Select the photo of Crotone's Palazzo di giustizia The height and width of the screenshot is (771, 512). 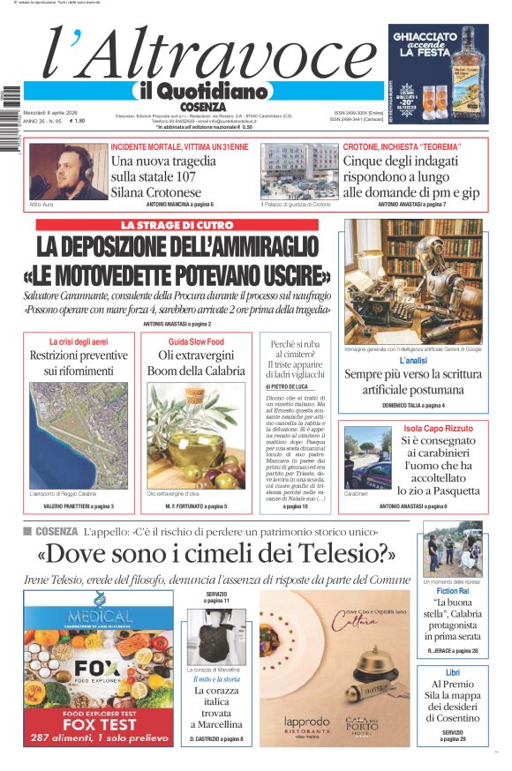[x=298, y=171]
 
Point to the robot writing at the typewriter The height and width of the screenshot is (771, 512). [x=412, y=281]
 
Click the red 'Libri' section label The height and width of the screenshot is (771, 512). [x=452, y=673]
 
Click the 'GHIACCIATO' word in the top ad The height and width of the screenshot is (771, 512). [x=425, y=38]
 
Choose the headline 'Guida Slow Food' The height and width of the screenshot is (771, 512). [x=196, y=341]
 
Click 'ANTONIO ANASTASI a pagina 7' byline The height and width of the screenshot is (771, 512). [x=411, y=205]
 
